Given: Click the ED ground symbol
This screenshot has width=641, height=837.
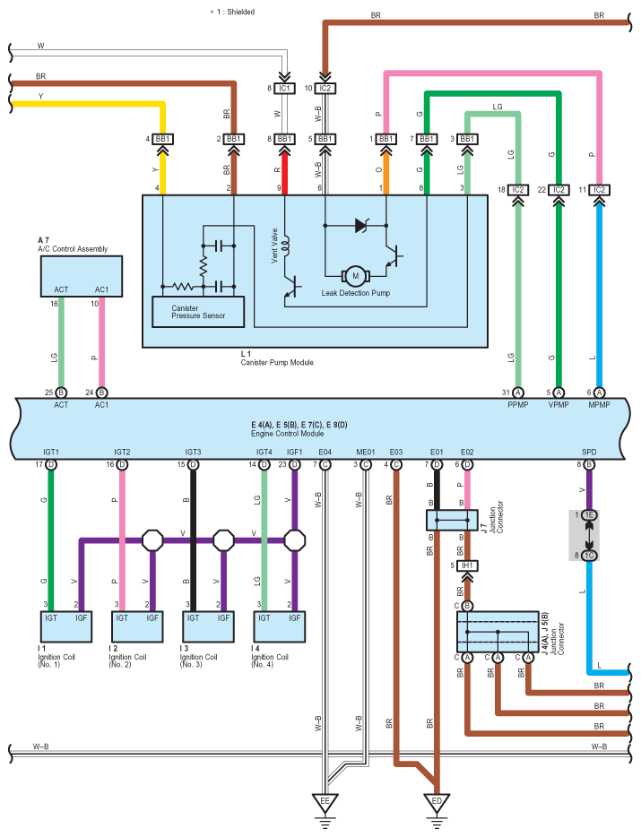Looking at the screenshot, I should pos(436,801).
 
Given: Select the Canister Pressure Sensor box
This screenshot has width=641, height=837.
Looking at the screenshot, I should pos(198,311).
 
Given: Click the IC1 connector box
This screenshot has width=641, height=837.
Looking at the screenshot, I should pos(283,89).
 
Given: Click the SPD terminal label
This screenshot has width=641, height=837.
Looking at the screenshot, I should pos(589,452).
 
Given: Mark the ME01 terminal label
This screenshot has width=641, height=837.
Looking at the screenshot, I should pos(365,452).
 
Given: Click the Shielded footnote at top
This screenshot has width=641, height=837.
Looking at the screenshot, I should pos(232,12).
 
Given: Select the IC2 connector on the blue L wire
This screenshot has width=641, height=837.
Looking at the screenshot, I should pos(600,190).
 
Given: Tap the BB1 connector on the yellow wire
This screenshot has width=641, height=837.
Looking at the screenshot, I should pos(164,139).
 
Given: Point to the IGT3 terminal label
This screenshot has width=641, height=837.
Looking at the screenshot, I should pos(193,452).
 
